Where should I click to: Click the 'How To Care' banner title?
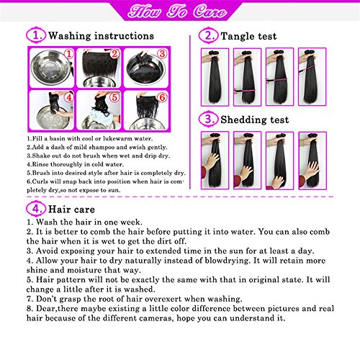[177, 12]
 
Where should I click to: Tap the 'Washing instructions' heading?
[101, 36]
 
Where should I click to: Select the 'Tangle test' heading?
[248, 36]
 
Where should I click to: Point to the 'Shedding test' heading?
[255, 120]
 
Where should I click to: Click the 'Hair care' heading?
[71, 210]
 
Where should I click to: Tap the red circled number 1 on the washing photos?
[69, 54]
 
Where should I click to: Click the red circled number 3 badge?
[162, 54]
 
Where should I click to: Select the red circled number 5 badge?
[114, 97]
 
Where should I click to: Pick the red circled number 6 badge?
[162, 97]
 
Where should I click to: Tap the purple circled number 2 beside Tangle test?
[208, 35]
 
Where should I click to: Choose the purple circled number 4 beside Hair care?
[36, 209]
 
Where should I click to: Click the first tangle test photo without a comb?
[215, 77]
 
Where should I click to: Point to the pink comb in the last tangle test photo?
[307, 69]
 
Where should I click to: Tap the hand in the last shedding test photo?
[312, 168]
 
